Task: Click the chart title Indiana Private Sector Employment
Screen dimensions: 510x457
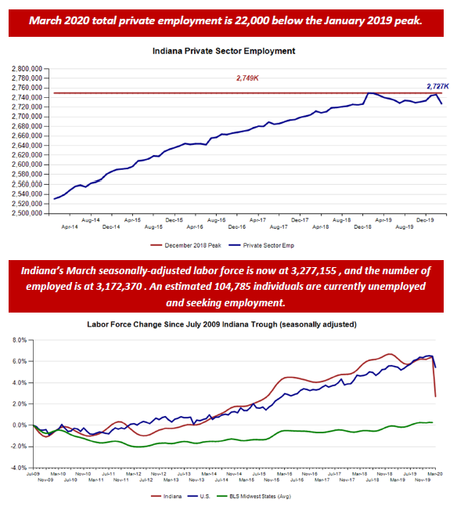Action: pos(228,52)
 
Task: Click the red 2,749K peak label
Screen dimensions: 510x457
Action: pos(248,78)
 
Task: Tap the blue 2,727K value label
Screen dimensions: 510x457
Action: pos(437,86)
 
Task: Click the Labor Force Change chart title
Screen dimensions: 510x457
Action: pos(228,324)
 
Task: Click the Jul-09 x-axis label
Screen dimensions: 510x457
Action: pos(34,474)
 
